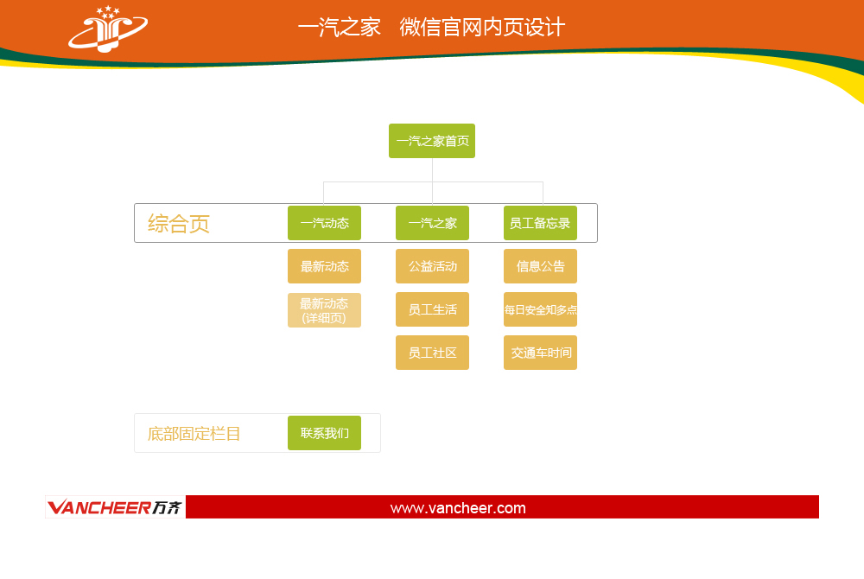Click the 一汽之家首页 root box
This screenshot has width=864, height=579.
(432, 141)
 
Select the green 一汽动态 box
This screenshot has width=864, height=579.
(324, 223)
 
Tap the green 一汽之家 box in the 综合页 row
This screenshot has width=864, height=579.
(432, 223)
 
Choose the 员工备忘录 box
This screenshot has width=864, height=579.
(540, 223)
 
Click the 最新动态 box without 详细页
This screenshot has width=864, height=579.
(324, 266)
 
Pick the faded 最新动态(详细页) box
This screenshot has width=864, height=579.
(324, 310)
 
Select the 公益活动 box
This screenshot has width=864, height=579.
(432, 266)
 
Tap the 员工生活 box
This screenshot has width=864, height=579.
(432, 309)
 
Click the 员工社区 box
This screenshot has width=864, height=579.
(432, 353)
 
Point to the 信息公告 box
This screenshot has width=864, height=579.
(540, 266)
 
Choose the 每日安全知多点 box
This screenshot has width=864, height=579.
(540, 309)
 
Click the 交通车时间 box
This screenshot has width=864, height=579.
(540, 353)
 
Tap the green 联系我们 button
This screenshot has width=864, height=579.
(324, 433)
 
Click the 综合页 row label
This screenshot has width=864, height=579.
(179, 224)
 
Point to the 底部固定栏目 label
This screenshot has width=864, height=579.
(194, 434)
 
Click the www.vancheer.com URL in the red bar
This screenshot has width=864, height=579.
(458, 508)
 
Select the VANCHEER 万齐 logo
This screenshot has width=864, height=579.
(115, 507)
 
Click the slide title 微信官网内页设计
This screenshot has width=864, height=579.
(482, 27)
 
